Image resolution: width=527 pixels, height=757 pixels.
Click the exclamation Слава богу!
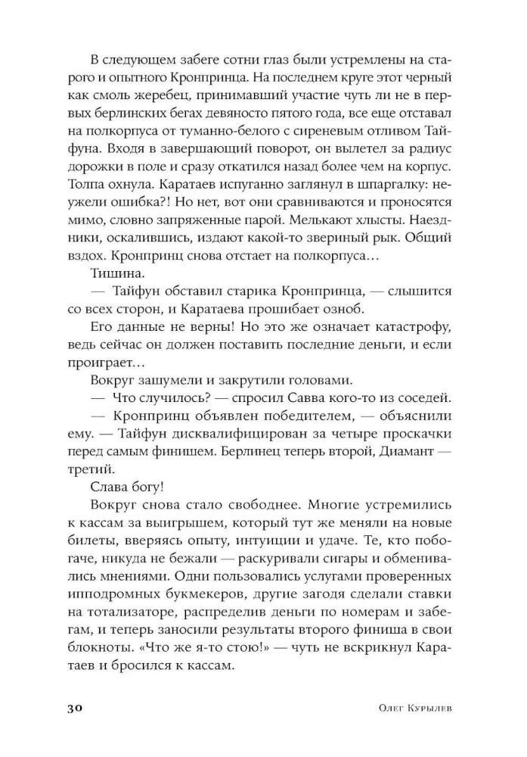121,486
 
